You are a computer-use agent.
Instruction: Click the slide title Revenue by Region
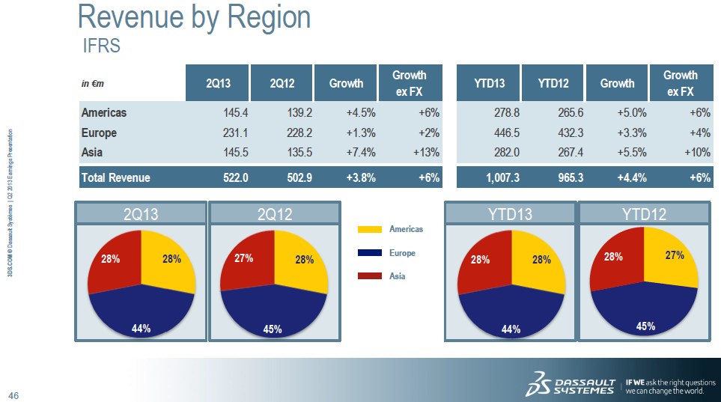(194, 16)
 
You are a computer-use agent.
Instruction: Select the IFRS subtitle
(101, 46)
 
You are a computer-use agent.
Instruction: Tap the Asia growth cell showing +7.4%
(360, 153)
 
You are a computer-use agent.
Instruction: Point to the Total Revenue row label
(115, 177)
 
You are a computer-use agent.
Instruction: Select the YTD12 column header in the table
(553, 83)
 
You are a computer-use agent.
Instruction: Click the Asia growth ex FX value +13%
(425, 153)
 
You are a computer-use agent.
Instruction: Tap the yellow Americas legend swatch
(370, 229)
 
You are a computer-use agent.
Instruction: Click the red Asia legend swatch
(370, 276)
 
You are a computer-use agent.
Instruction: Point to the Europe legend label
(402, 253)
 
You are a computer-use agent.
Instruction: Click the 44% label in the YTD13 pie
(511, 329)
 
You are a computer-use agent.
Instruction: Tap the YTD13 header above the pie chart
(510, 214)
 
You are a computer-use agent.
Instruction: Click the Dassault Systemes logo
(571, 383)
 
